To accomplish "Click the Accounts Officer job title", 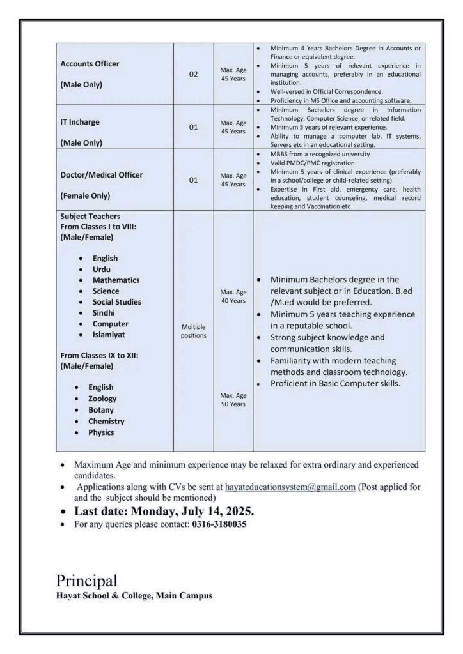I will pos(90,64).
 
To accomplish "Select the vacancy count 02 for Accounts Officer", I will pos(193,75).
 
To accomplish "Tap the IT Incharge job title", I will pos(80,121).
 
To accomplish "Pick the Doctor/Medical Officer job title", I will pos(101,174).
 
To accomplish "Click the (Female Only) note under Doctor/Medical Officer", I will pos(85,195).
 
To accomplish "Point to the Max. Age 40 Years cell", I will pos(233,296).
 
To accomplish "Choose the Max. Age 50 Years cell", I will pos(233,400).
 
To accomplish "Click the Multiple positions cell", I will pos(193,330).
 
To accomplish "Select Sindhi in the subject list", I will pos(106,313).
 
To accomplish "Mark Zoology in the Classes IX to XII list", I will pos(102,399).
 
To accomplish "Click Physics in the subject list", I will pos(102,432).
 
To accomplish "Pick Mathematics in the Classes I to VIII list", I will pos(116,280).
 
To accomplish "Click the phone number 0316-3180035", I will pos(218,524).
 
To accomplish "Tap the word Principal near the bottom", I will pos(86,581).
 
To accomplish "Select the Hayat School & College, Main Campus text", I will pos(134,596).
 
